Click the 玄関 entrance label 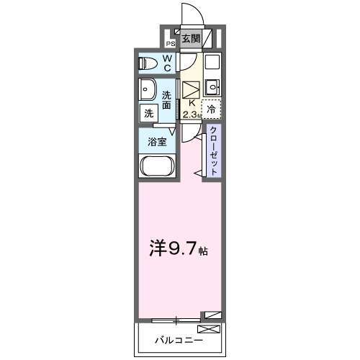(x=190, y=39)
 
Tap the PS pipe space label (x=171, y=42)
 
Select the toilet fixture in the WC (x=148, y=63)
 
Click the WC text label (x=167, y=63)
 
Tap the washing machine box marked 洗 (x=148, y=112)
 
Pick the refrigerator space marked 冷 (x=212, y=109)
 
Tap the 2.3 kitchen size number (x=189, y=114)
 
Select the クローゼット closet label (x=214, y=149)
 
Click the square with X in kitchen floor (x=191, y=90)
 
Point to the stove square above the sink (x=212, y=62)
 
